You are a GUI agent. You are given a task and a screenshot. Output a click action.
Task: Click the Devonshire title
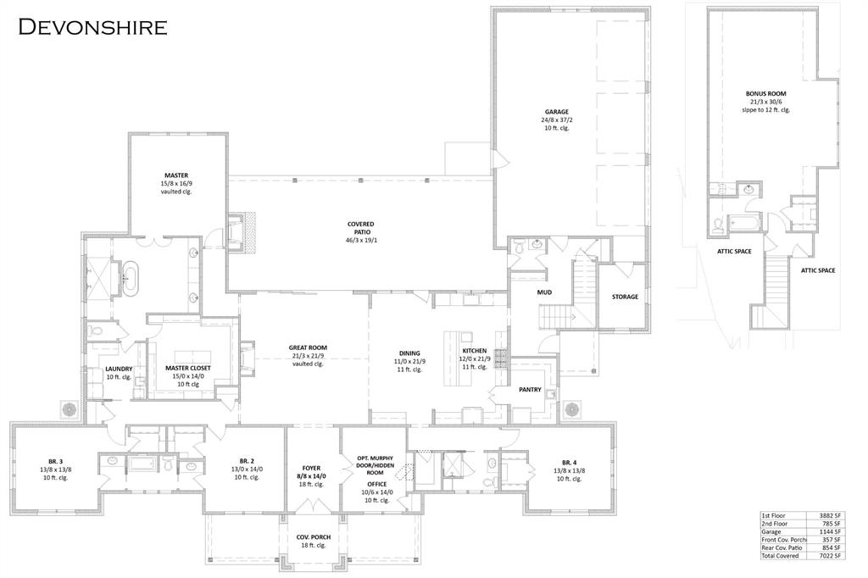[x=93, y=26]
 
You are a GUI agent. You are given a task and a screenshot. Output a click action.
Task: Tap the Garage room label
[x=556, y=112]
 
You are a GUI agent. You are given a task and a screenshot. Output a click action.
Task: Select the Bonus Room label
[x=765, y=94]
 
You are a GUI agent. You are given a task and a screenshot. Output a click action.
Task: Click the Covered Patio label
[x=360, y=225]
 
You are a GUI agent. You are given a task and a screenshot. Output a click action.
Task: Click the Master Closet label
[x=188, y=368]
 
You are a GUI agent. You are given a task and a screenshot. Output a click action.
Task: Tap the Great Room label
[x=308, y=347]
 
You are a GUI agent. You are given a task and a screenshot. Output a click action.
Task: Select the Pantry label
[x=531, y=390]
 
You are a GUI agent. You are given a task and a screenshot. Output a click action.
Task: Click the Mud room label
[x=544, y=293]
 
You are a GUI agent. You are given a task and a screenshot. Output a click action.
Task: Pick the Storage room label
[x=625, y=297]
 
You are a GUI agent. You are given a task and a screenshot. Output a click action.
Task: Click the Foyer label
[x=311, y=468]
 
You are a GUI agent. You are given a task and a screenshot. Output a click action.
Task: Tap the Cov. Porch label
[x=313, y=537]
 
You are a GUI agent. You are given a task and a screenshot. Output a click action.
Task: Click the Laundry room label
[x=119, y=369]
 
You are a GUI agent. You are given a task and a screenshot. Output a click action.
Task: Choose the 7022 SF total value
[x=830, y=556]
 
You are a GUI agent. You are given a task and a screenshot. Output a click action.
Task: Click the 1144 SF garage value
[x=830, y=531]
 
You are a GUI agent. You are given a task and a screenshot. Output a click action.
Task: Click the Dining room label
[x=410, y=353]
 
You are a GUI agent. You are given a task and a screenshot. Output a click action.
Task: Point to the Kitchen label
[x=474, y=351]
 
